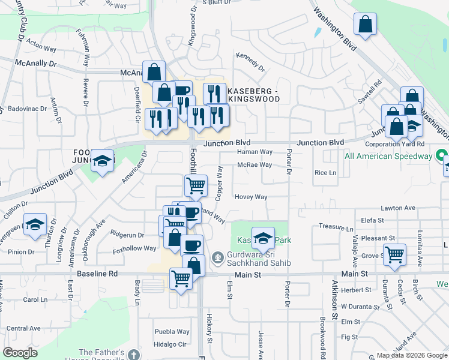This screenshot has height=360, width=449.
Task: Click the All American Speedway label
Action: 389,156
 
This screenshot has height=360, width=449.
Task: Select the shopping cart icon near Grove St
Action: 394,254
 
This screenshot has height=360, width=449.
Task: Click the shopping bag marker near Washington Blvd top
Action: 365,25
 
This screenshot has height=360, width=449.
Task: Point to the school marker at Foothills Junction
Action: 103,161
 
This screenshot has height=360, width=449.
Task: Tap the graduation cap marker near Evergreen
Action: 35,224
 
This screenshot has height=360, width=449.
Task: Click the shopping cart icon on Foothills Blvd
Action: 196,185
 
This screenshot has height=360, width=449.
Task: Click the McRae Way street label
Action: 255,165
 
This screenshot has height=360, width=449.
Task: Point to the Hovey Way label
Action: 251,197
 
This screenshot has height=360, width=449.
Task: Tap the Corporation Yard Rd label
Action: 394,145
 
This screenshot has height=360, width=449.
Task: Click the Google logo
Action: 20,353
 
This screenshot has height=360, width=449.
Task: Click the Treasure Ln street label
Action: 336,229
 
